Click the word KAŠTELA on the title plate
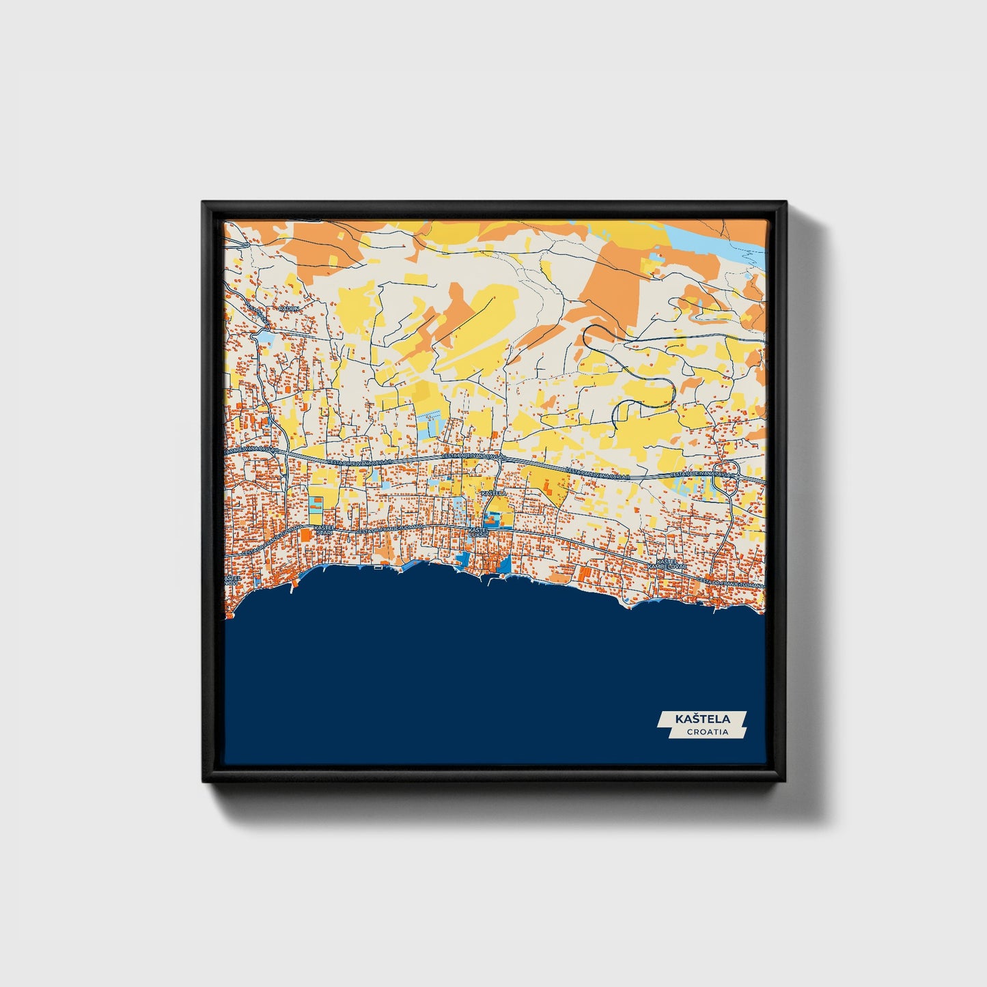[702, 719]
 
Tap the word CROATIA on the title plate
[707, 732]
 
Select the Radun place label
[289, 309]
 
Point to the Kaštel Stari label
[324, 530]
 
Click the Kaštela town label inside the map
[493, 492]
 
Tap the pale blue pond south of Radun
[263, 337]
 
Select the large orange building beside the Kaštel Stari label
[305, 536]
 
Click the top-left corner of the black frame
[205, 204]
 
